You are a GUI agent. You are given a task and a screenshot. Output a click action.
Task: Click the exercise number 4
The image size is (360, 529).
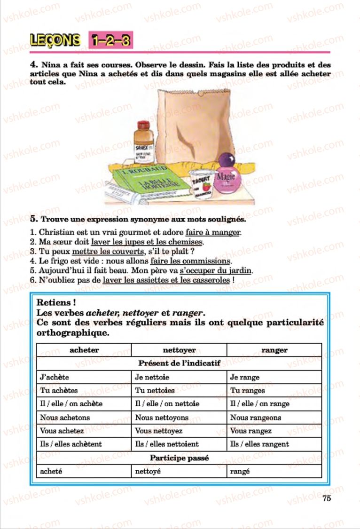point(33,65)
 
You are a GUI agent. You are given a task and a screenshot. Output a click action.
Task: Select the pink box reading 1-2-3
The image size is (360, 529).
point(110,40)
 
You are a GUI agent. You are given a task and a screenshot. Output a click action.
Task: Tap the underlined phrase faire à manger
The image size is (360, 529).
point(213,232)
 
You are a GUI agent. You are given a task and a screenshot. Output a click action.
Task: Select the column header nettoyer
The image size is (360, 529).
point(179,350)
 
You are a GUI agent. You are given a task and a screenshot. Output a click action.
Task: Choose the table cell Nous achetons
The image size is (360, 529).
point(65,418)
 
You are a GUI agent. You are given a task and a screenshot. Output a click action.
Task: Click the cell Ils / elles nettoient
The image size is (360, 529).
point(167,444)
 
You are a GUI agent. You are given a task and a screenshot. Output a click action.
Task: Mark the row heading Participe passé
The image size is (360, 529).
point(179,458)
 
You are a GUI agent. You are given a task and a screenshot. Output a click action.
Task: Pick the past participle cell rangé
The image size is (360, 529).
point(240,471)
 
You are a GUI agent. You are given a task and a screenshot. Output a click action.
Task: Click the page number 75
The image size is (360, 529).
point(327,498)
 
